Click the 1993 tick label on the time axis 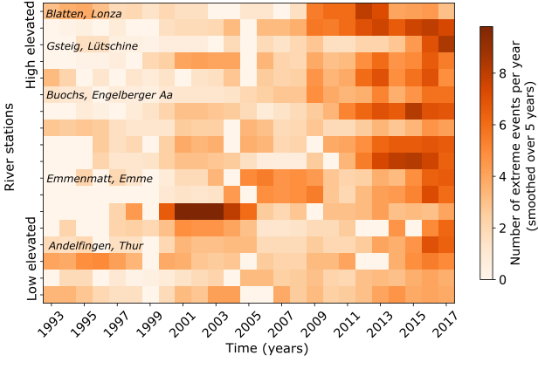pyautogui.click(x=52, y=323)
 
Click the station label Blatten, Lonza pyautogui.click(x=85, y=14)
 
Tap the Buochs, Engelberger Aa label pyautogui.click(x=109, y=94)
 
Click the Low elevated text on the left pyautogui.click(x=31, y=262)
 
